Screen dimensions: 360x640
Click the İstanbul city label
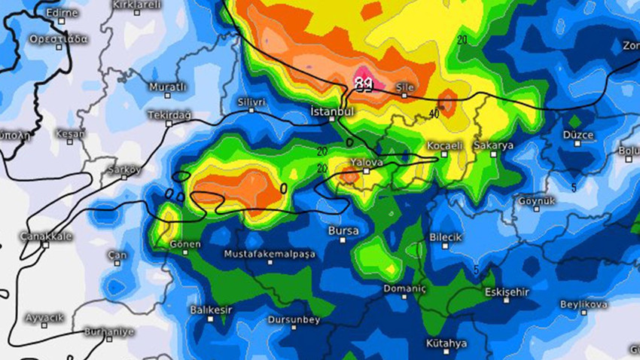(x=332, y=111)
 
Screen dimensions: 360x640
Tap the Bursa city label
(x=343, y=230)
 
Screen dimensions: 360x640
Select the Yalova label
(x=367, y=162)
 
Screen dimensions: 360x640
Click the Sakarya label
(x=493, y=145)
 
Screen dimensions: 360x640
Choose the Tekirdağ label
(x=171, y=114)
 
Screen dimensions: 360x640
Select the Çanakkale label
(x=46, y=236)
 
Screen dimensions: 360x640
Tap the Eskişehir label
(x=507, y=291)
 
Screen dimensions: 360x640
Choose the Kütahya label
(x=446, y=343)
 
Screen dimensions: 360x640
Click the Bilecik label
(x=444, y=236)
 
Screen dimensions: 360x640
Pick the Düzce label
(x=578, y=135)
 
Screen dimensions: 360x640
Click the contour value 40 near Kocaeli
(x=434, y=114)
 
